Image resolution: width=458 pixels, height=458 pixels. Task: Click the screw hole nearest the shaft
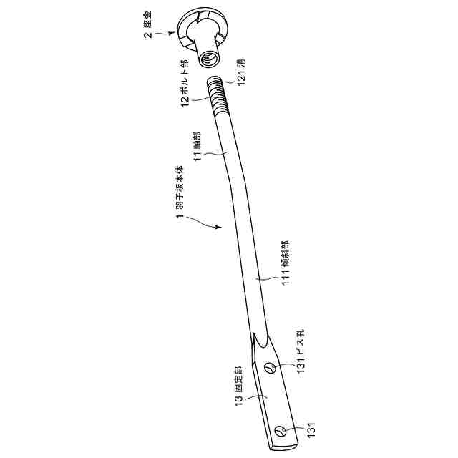(270, 369)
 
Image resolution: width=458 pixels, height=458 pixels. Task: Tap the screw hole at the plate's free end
(281, 430)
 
